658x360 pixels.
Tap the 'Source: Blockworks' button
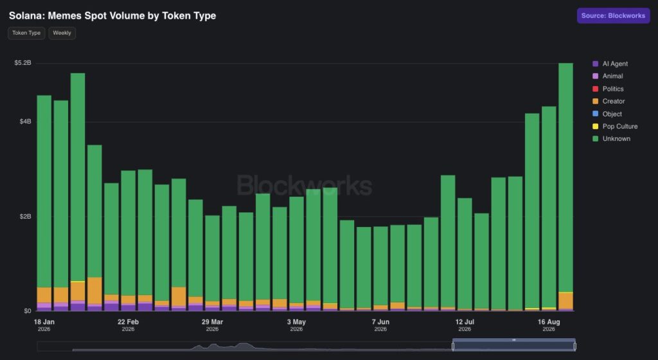click(613, 15)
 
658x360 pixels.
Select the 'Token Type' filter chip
click(26, 33)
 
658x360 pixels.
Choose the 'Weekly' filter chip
click(62, 33)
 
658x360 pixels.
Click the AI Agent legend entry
click(610, 64)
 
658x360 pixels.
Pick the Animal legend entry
click(608, 76)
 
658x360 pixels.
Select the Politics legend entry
click(608, 89)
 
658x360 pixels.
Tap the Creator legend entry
click(609, 101)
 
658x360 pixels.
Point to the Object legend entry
click(607, 114)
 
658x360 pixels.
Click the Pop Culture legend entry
click(615, 126)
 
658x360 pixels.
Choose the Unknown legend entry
click(612, 138)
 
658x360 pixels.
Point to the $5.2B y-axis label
click(22, 63)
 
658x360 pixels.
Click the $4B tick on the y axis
click(25, 122)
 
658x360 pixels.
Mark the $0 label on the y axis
click(27, 311)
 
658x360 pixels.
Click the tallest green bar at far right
click(565, 177)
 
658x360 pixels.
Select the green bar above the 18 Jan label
click(44, 192)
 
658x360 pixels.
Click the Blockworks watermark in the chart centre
click(305, 185)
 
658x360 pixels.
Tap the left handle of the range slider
click(453, 346)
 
